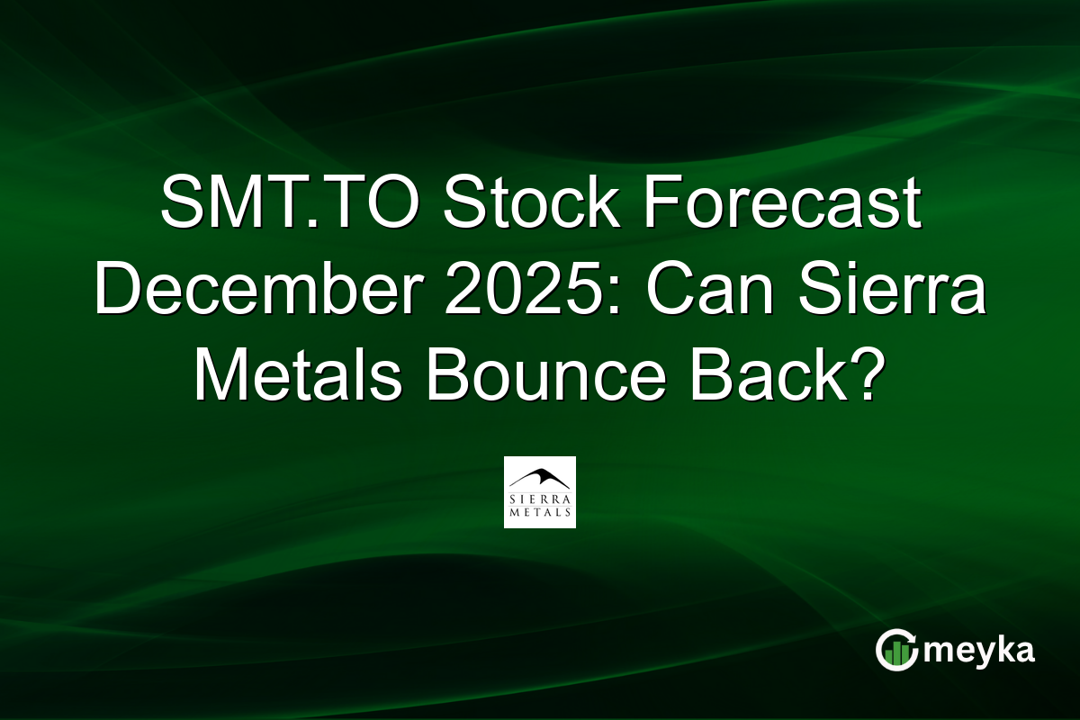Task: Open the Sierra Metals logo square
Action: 539,491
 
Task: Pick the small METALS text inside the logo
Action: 539,513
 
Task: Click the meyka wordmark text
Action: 979,651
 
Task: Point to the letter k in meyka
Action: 1004,649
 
